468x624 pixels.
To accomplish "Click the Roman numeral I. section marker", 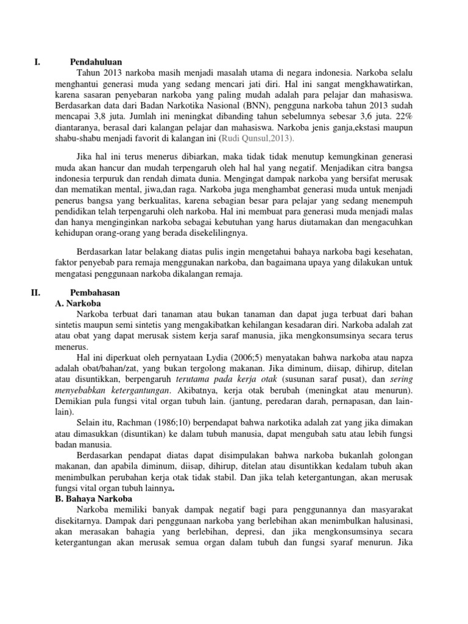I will tap(37, 62).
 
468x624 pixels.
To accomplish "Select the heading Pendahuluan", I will tap(96, 62).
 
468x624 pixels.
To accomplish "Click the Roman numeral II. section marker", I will tap(35, 292).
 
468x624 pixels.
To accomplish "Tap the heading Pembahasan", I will tap(95, 292).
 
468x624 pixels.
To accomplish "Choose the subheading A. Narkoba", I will tap(77, 303).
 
